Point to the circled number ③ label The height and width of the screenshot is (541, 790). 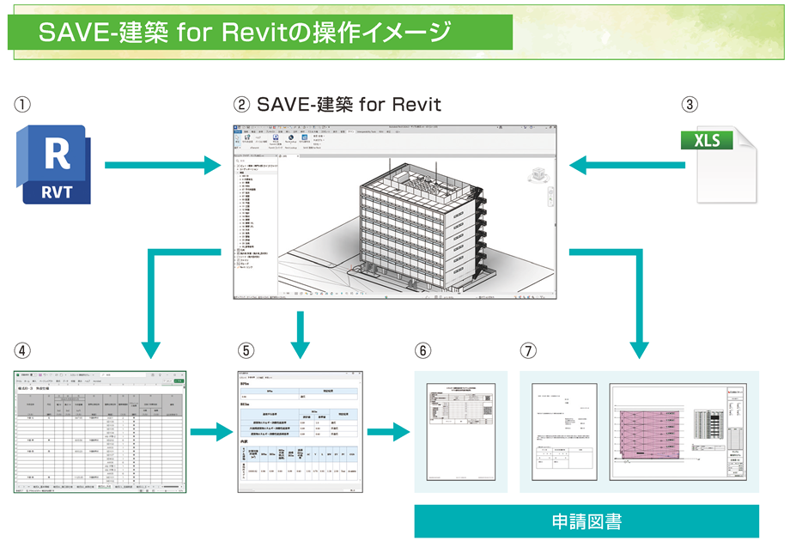690,106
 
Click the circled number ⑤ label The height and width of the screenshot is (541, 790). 246,350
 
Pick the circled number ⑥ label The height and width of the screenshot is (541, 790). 422,350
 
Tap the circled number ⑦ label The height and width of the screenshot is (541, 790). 528,350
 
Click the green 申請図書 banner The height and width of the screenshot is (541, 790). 586,521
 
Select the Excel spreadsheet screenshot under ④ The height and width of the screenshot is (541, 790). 100,432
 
